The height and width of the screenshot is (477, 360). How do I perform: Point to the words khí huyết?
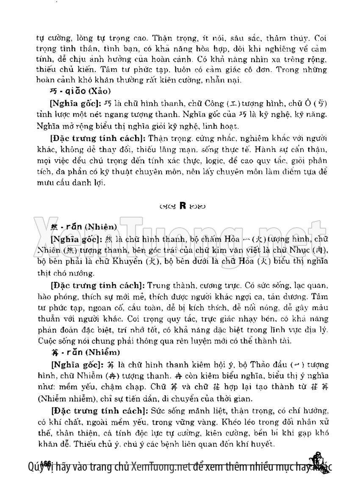tap(259, 445)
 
